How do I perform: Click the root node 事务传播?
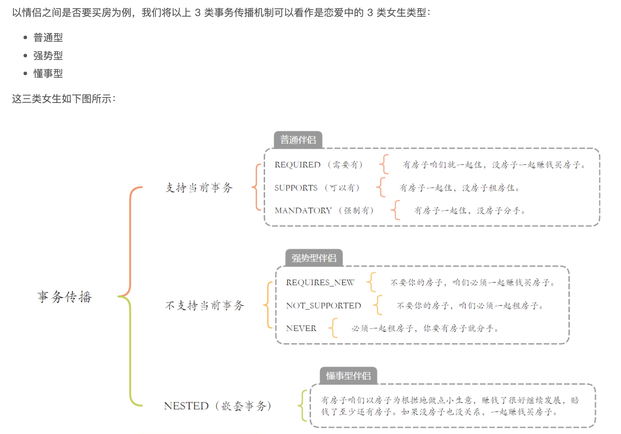pyautogui.click(x=65, y=297)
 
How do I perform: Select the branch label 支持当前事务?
pyautogui.click(x=199, y=187)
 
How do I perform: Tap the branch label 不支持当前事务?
pyautogui.click(x=205, y=305)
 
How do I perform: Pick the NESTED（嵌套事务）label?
pyautogui.click(x=217, y=406)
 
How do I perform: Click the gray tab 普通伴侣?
pyautogui.click(x=298, y=140)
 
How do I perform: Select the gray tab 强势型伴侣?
pyautogui.click(x=314, y=258)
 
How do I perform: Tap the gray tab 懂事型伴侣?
pyautogui.click(x=348, y=376)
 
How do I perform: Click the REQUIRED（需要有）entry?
pyautogui.click(x=318, y=165)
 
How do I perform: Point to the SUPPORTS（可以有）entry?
pyautogui.click(x=317, y=188)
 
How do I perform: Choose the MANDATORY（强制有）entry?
pyautogui.click(x=324, y=211)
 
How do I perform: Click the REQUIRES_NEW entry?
pyautogui.click(x=320, y=283)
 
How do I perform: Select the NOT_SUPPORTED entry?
pyautogui.click(x=323, y=306)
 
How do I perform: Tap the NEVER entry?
pyautogui.click(x=301, y=329)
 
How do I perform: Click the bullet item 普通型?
pyautogui.click(x=48, y=37)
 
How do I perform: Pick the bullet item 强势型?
pyautogui.click(x=48, y=56)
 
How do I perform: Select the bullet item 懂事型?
pyautogui.click(x=48, y=73)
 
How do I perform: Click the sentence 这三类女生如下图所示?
pyautogui.click(x=63, y=99)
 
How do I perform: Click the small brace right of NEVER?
pyautogui.click(x=333, y=328)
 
